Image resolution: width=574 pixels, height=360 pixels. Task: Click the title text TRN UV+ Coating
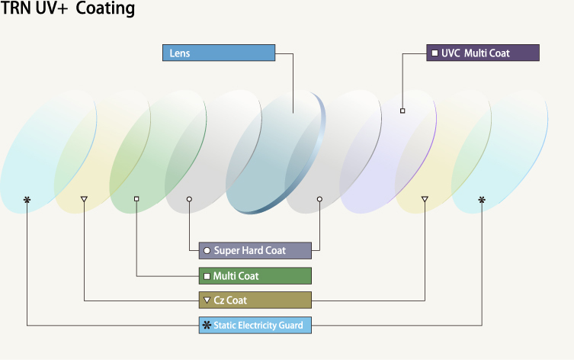[68, 9]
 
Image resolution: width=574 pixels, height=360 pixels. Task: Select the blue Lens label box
[218, 53]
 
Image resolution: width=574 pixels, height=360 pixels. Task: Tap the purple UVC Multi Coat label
[483, 53]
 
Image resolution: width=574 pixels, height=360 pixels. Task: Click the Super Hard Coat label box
[255, 250]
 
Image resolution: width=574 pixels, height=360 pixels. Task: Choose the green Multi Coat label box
[255, 275]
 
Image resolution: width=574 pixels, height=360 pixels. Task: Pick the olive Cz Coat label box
[255, 300]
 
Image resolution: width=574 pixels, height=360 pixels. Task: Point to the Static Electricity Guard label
[255, 325]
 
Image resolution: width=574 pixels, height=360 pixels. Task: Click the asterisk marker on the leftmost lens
[27, 200]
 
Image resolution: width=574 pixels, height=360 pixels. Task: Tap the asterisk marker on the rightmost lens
[481, 200]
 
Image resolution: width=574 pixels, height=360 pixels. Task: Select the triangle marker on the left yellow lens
[84, 200]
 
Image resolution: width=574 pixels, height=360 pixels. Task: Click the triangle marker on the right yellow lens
[425, 200]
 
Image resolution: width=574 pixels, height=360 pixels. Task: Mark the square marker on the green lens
[136, 199]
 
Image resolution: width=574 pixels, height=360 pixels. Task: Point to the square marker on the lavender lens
[402, 111]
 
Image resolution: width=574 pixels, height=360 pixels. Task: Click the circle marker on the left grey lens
[189, 199]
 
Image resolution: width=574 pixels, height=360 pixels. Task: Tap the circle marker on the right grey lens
[319, 199]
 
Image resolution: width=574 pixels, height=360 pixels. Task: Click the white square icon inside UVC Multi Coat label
[435, 53]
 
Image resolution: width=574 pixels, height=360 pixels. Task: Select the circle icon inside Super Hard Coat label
[207, 251]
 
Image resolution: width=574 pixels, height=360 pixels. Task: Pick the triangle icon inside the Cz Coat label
[207, 300]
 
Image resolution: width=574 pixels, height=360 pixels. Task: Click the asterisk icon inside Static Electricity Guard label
[206, 325]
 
